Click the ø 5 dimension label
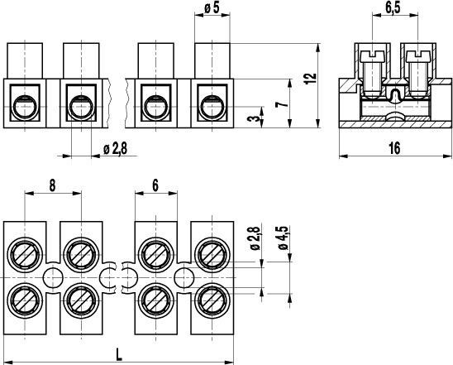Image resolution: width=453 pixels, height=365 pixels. (212, 8)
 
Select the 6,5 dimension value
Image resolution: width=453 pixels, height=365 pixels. (393, 8)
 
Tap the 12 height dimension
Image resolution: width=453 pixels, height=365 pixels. (311, 79)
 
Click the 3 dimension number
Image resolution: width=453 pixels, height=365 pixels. (254, 119)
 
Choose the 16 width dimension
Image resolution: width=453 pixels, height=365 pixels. (394, 148)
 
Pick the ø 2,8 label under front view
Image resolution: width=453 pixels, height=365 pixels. (115, 149)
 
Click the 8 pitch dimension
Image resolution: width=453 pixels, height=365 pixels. (52, 185)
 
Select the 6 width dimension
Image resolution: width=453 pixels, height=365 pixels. (155, 185)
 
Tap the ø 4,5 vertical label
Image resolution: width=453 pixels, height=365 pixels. (284, 238)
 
